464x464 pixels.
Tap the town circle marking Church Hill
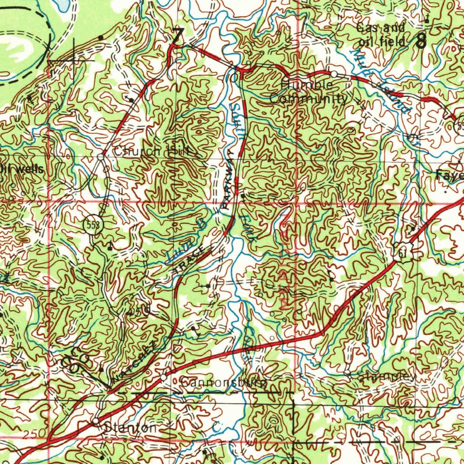coord(101,157)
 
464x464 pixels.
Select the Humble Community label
coord(309,92)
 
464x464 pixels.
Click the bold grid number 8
coord(421,42)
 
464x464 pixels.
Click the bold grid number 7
coord(178,36)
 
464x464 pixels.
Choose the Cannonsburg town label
coord(224,383)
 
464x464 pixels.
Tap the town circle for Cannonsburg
coord(164,377)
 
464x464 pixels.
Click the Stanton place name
coord(131,427)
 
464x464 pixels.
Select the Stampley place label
coord(386,377)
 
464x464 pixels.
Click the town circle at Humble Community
coord(333,73)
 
